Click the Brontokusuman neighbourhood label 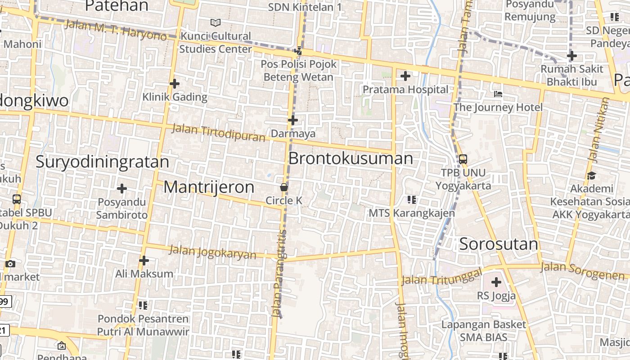(351, 158)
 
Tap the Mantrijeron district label (209, 187)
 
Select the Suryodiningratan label (102, 162)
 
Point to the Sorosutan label (499, 244)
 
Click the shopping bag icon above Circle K (284, 187)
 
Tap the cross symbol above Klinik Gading (175, 84)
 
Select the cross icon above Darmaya (293, 120)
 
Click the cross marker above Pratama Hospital (405, 76)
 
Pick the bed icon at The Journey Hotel (498, 94)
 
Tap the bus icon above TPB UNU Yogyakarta (463, 159)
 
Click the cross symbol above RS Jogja (496, 283)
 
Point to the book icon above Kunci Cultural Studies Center (216, 22)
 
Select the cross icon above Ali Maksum (144, 260)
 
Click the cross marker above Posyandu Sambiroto (122, 189)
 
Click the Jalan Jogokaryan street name (212, 252)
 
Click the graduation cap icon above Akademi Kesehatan (591, 175)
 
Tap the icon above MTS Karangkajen (411, 199)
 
